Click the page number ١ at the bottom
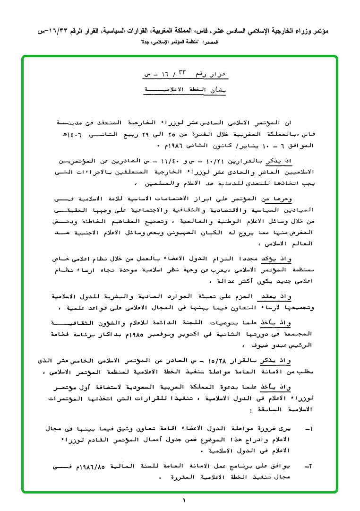pyautogui.click(x=184, y=500)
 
